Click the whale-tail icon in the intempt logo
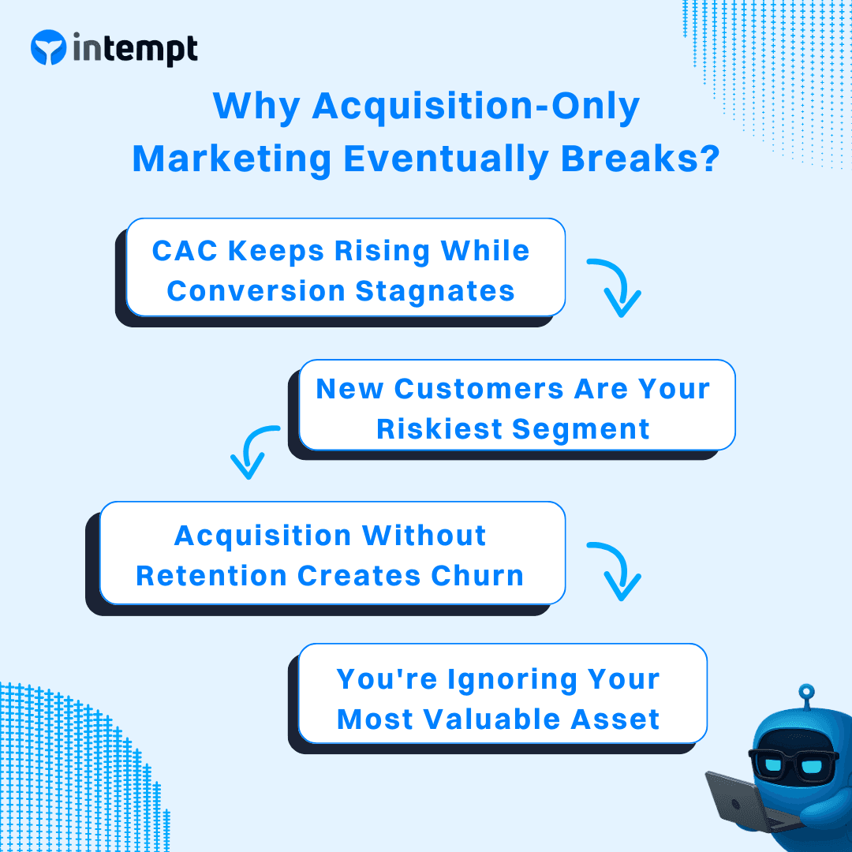48,48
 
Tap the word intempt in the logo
135,49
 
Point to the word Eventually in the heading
446,159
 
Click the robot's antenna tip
805,692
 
